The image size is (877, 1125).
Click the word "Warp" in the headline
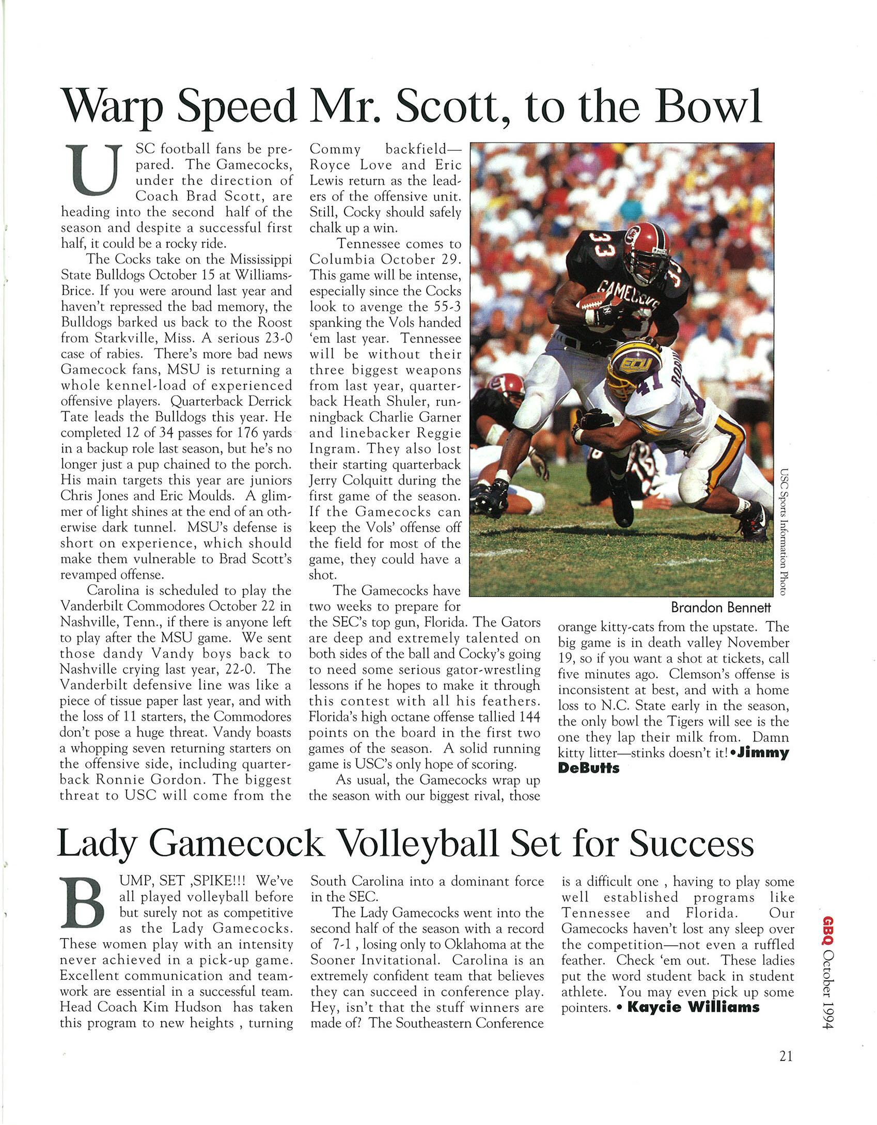(x=113, y=107)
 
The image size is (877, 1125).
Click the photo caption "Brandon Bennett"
(x=721, y=607)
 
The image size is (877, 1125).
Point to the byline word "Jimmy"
(x=763, y=753)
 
